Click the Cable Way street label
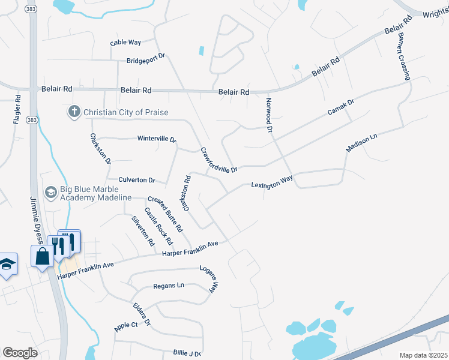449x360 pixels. pyautogui.click(x=125, y=43)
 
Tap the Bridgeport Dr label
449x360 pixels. pyautogui.click(x=145, y=61)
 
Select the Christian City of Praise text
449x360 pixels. pyautogui.click(x=126, y=112)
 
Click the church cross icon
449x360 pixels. pyautogui.click(x=74, y=112)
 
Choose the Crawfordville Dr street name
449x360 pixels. pyautogui.click(x=219, y=161)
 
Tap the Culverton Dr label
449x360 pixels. pyautogui.click(x=137, y=179)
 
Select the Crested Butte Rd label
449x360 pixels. pyautogui.click(x=165, y=214)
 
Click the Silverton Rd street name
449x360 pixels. pyautogui.click(x=143, y=230)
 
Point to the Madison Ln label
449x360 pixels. pyautogui.click(x=361, y=143)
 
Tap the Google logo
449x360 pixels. pyautogui.click(x=20, y=352)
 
